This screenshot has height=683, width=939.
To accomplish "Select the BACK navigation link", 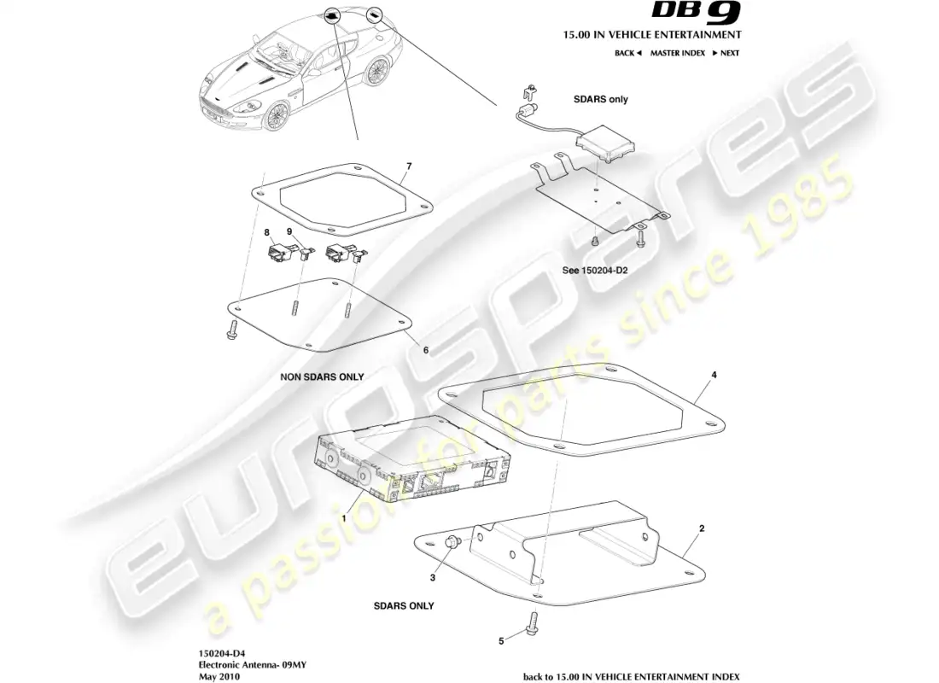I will tap(627, 53).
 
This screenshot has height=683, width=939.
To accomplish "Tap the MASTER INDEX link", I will tap(677, 53).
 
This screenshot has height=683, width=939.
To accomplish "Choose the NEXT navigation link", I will tap(726, 53).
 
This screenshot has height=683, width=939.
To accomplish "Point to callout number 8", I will tap(266, 231).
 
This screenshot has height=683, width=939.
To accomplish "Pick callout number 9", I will tap(289, 231).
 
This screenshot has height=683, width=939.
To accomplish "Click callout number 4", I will tap(714, 374).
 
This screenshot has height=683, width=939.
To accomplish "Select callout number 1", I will tap(344, 517).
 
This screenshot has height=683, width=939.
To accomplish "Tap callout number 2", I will tap(702, 528).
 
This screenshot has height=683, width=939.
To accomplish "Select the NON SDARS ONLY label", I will tap(322, 377).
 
